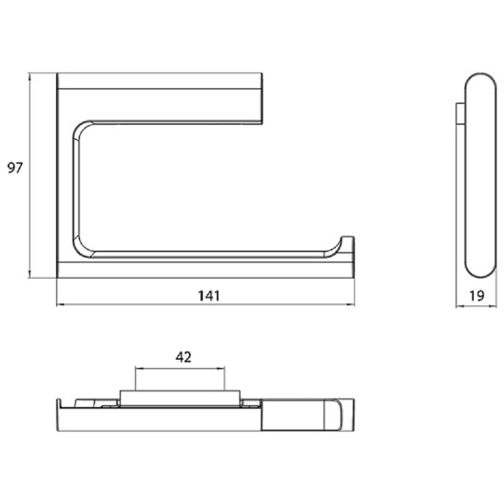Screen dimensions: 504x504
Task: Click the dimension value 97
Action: coord(14,168)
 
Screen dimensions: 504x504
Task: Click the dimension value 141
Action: coord(209,295)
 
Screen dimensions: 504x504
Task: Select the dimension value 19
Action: coord(477,295)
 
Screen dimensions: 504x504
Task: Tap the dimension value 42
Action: coord(183,357)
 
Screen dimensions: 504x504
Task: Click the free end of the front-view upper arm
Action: coord(261,98)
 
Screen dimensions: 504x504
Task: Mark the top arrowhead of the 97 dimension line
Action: coord(30,76)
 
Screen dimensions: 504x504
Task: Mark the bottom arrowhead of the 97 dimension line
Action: coord(30,274)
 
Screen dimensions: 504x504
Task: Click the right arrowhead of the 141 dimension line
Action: coord(351,304)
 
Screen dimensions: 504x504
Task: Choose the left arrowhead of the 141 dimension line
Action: coord(60,304)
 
